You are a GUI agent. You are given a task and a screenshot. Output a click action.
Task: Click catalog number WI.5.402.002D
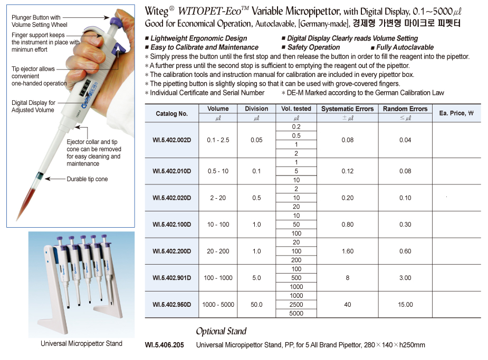tap(171, 140)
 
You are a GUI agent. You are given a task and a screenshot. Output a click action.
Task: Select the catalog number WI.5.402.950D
tap(171, 305)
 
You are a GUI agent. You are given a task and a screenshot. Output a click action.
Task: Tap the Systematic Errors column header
tap(347, 109)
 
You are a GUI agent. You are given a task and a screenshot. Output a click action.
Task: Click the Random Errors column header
tap(405, 109)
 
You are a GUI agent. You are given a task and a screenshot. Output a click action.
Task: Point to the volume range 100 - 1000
tap(218, 278)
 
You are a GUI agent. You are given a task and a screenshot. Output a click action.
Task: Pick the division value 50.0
tap(256, 305)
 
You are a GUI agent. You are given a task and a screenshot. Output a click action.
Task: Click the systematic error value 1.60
tap(347, 251)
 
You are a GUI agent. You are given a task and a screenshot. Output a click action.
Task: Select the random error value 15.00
tap(405, 305)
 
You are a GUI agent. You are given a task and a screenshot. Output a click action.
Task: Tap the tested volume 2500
tap(296, 305)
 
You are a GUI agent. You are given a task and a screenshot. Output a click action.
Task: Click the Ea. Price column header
tap(456, 113)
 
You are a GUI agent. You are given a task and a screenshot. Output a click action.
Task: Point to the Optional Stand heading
tap(221, 332)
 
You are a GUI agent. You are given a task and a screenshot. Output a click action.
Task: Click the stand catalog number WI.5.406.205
tap(164, 345)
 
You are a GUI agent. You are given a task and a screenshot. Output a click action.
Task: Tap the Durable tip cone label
tap(87, 179)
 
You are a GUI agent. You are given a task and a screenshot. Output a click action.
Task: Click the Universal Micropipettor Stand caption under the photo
tap(81, 344)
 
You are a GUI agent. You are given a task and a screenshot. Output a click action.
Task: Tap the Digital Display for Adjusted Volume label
tap(33, 106)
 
